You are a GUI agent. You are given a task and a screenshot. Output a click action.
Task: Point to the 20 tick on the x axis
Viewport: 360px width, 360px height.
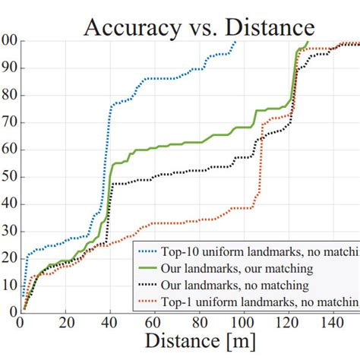click(66, 321)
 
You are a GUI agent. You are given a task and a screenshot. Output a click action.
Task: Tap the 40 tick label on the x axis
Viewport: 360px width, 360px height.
click(112, 321)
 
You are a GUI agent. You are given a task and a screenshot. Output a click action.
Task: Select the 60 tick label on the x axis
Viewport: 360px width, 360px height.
click(157, 321)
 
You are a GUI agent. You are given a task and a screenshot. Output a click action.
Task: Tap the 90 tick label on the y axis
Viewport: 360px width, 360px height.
click(9, 68)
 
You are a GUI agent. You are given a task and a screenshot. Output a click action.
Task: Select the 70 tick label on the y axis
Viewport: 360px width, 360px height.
click(9, 122)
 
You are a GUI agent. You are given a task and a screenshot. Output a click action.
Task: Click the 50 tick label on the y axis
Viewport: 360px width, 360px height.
click(9, 176)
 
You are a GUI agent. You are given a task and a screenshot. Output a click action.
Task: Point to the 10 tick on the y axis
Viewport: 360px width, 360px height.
click(9, 284)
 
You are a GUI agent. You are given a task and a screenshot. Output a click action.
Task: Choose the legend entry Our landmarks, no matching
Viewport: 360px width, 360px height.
click(234, 286)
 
